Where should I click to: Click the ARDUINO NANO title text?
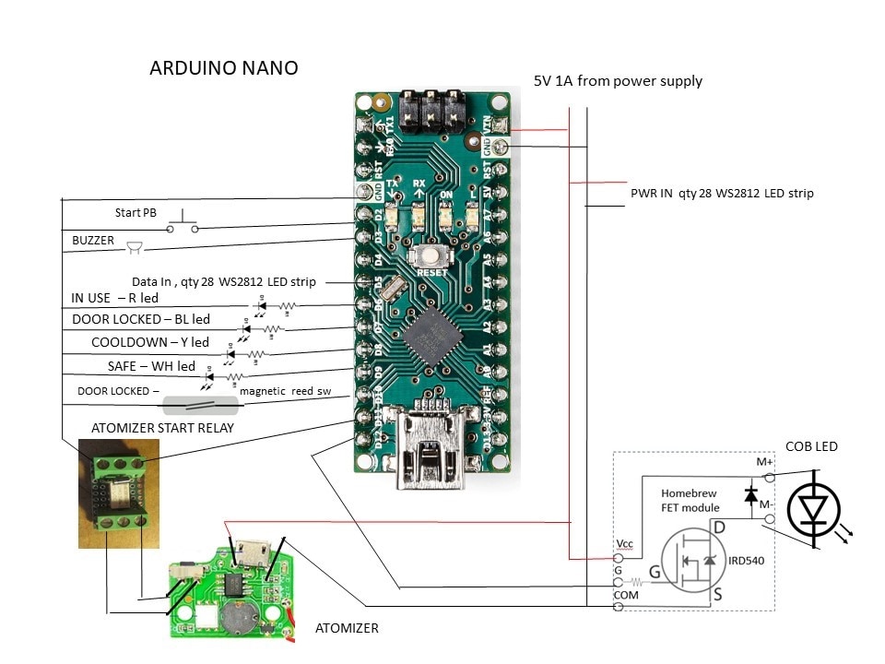click(224, 69)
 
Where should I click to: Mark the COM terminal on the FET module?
click(618, 606)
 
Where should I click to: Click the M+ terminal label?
click(764, 461)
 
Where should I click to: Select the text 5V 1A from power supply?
click(618, 81)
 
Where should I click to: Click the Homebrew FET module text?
click(690, 500)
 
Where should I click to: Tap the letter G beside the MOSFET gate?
click(655, 573)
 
